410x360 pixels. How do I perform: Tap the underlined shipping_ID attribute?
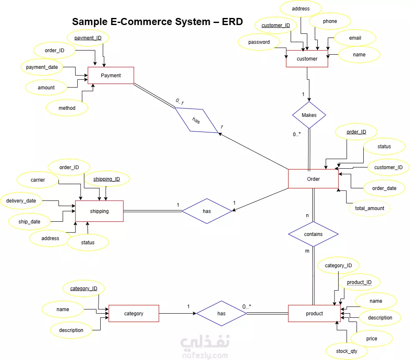click(x=107, y=179)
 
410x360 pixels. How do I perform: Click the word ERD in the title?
click(x=232, y=22)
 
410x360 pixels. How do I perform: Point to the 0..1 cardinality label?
click(x=180, y=101)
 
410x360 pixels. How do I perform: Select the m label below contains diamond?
click(x=307, y=251)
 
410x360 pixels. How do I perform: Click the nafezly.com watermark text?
click(x=205, y=355)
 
